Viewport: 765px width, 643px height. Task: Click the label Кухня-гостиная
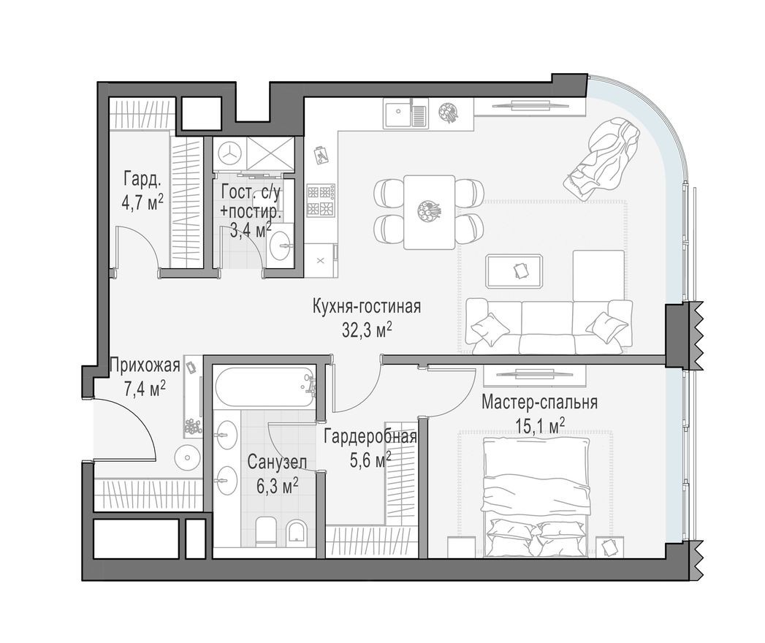pos(366,305)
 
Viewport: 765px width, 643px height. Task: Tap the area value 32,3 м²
pos(367,330)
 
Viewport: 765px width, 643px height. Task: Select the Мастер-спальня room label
pos(540,402)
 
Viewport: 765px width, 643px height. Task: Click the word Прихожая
pos(144,365)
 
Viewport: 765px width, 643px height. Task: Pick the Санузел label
pos(271,462)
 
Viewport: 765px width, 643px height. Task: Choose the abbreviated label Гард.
pos(142,179)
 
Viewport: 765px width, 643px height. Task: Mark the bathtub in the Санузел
pos(264,387)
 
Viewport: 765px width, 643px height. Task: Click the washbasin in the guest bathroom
pos(279,248)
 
